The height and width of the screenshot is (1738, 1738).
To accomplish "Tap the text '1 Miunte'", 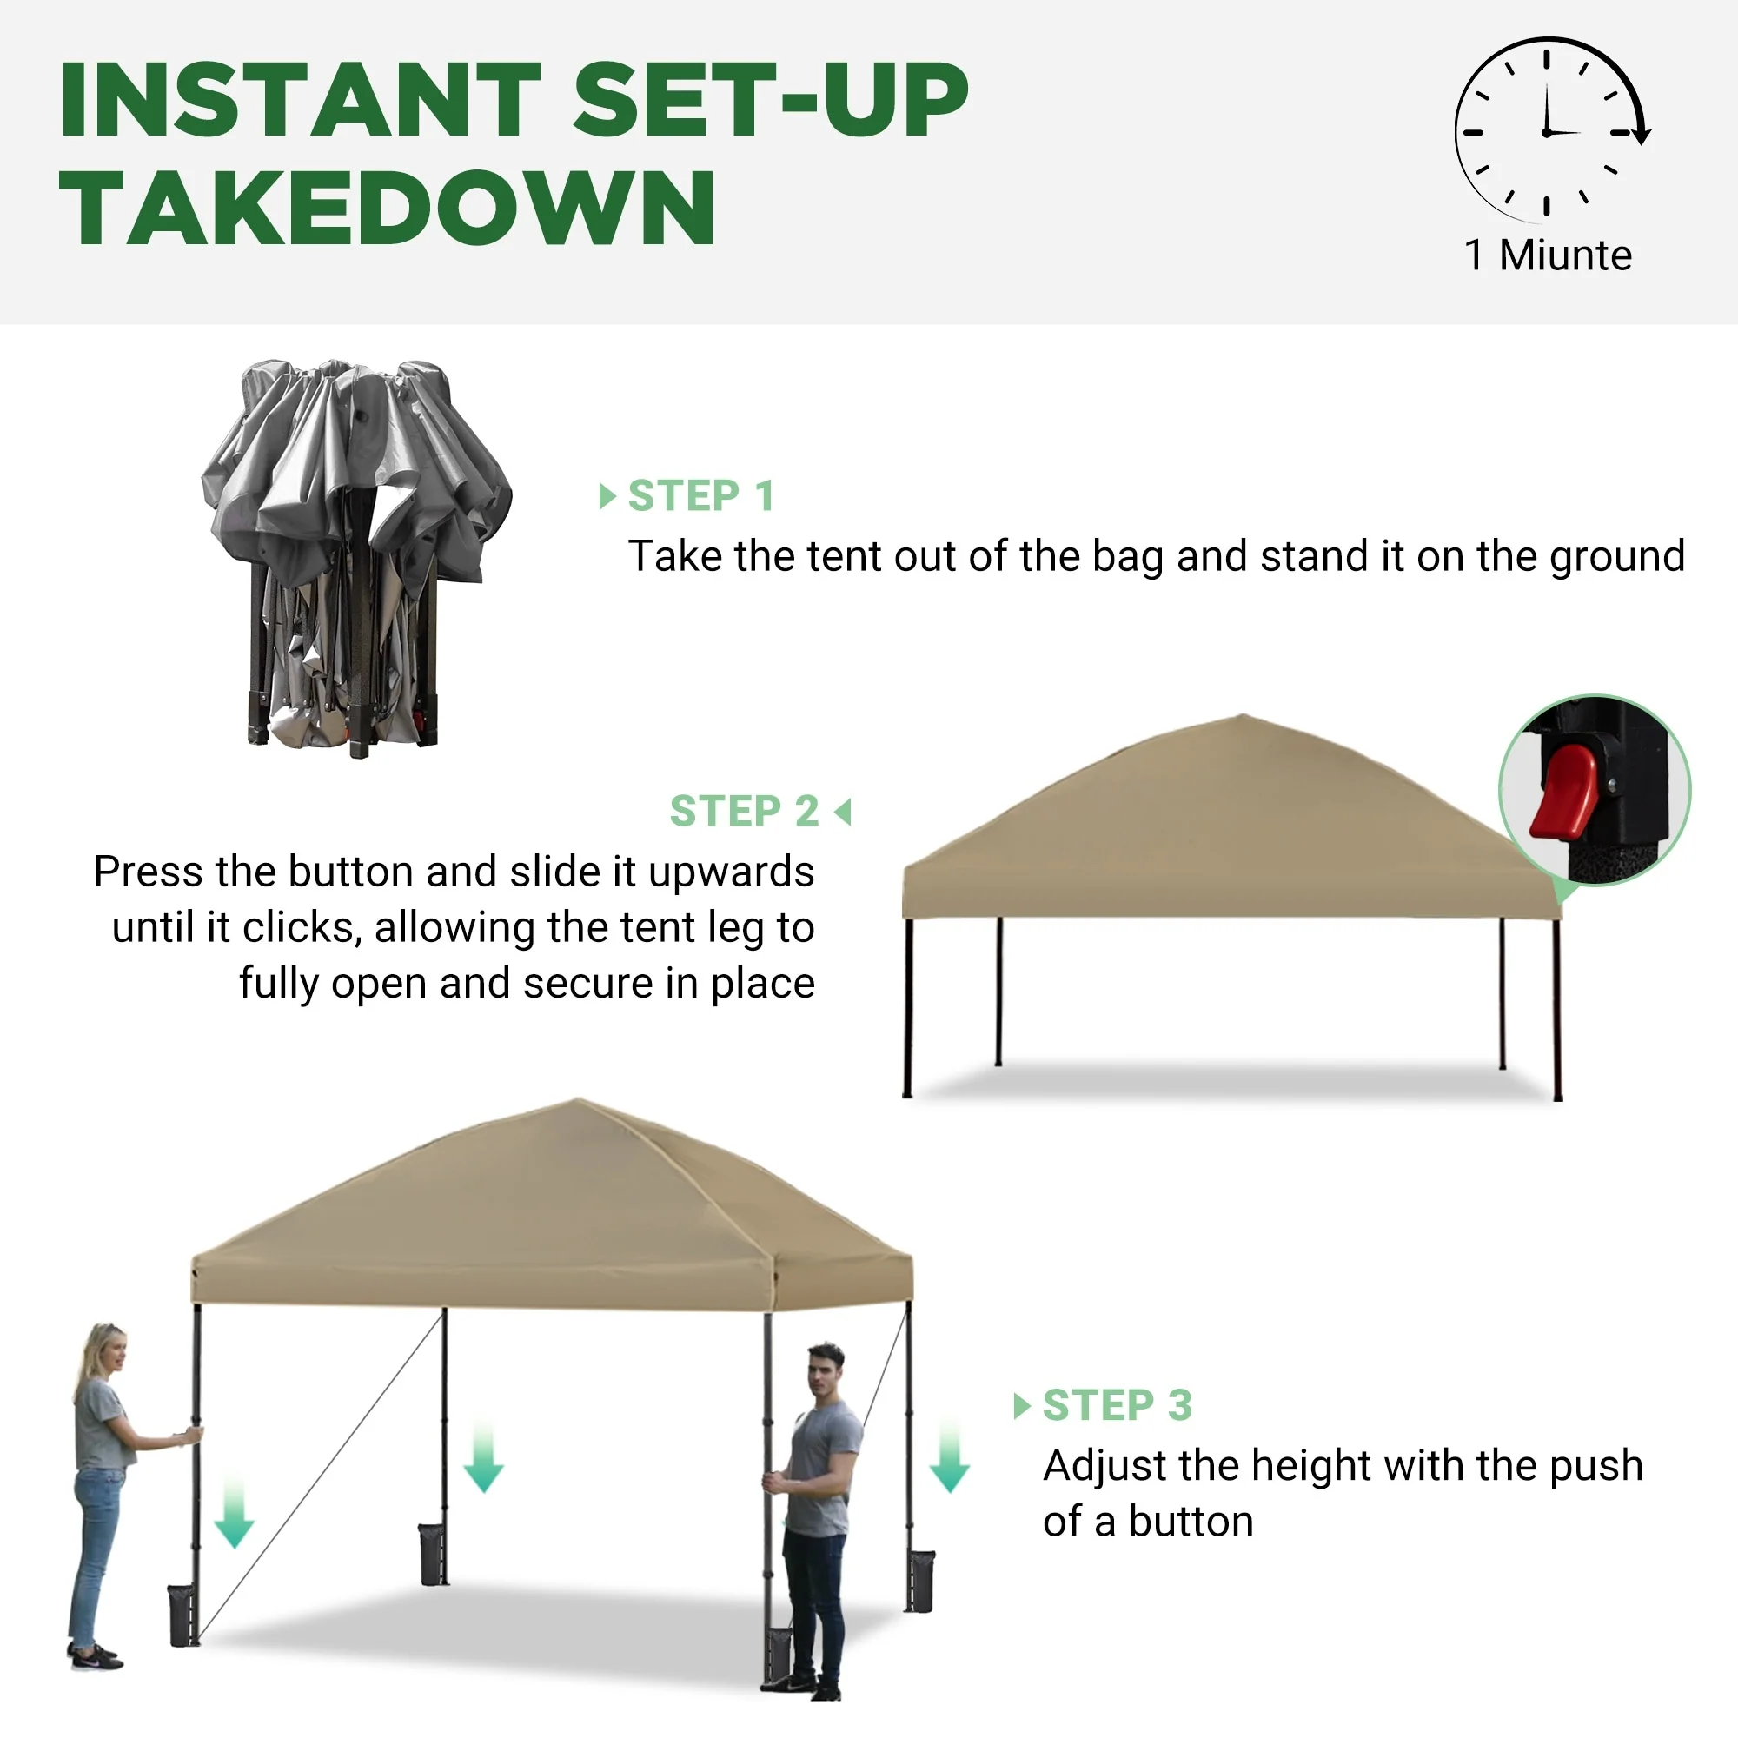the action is pos(1549,255).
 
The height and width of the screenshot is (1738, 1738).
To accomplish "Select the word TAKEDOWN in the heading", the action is pos(387,208).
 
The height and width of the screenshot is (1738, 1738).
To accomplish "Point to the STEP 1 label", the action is pos(700,495).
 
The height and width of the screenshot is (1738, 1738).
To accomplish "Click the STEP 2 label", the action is pos(744,812).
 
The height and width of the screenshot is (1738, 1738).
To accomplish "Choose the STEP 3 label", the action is pos(1118,1405).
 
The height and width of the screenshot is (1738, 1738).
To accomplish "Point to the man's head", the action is pos(825,1370).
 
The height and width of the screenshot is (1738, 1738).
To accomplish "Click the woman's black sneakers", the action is pos(96,1656).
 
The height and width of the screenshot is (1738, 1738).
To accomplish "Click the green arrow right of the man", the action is pos(949,1456).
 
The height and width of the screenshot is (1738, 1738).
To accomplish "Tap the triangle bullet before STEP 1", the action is pos(607,495).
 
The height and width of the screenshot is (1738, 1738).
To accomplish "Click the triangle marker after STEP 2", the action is pos(843,812).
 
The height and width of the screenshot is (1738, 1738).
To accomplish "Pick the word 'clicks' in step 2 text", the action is pos(302,927).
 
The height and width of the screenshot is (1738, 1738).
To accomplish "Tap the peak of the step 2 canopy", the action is pos(1244,715).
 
